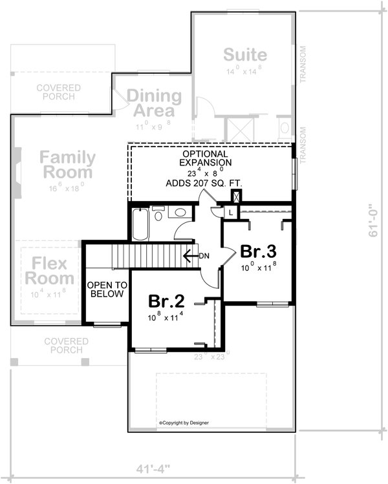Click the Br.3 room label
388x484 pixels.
[257, 251]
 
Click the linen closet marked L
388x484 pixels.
[231, 212]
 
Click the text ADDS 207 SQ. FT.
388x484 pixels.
[204, 184]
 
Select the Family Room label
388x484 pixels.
[67, 165]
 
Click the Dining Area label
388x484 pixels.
[154, 103]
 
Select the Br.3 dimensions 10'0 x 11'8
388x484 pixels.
[257, 266]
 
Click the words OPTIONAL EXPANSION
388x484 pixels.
[204, 158]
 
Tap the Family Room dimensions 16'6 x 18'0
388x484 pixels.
[67, 189]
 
